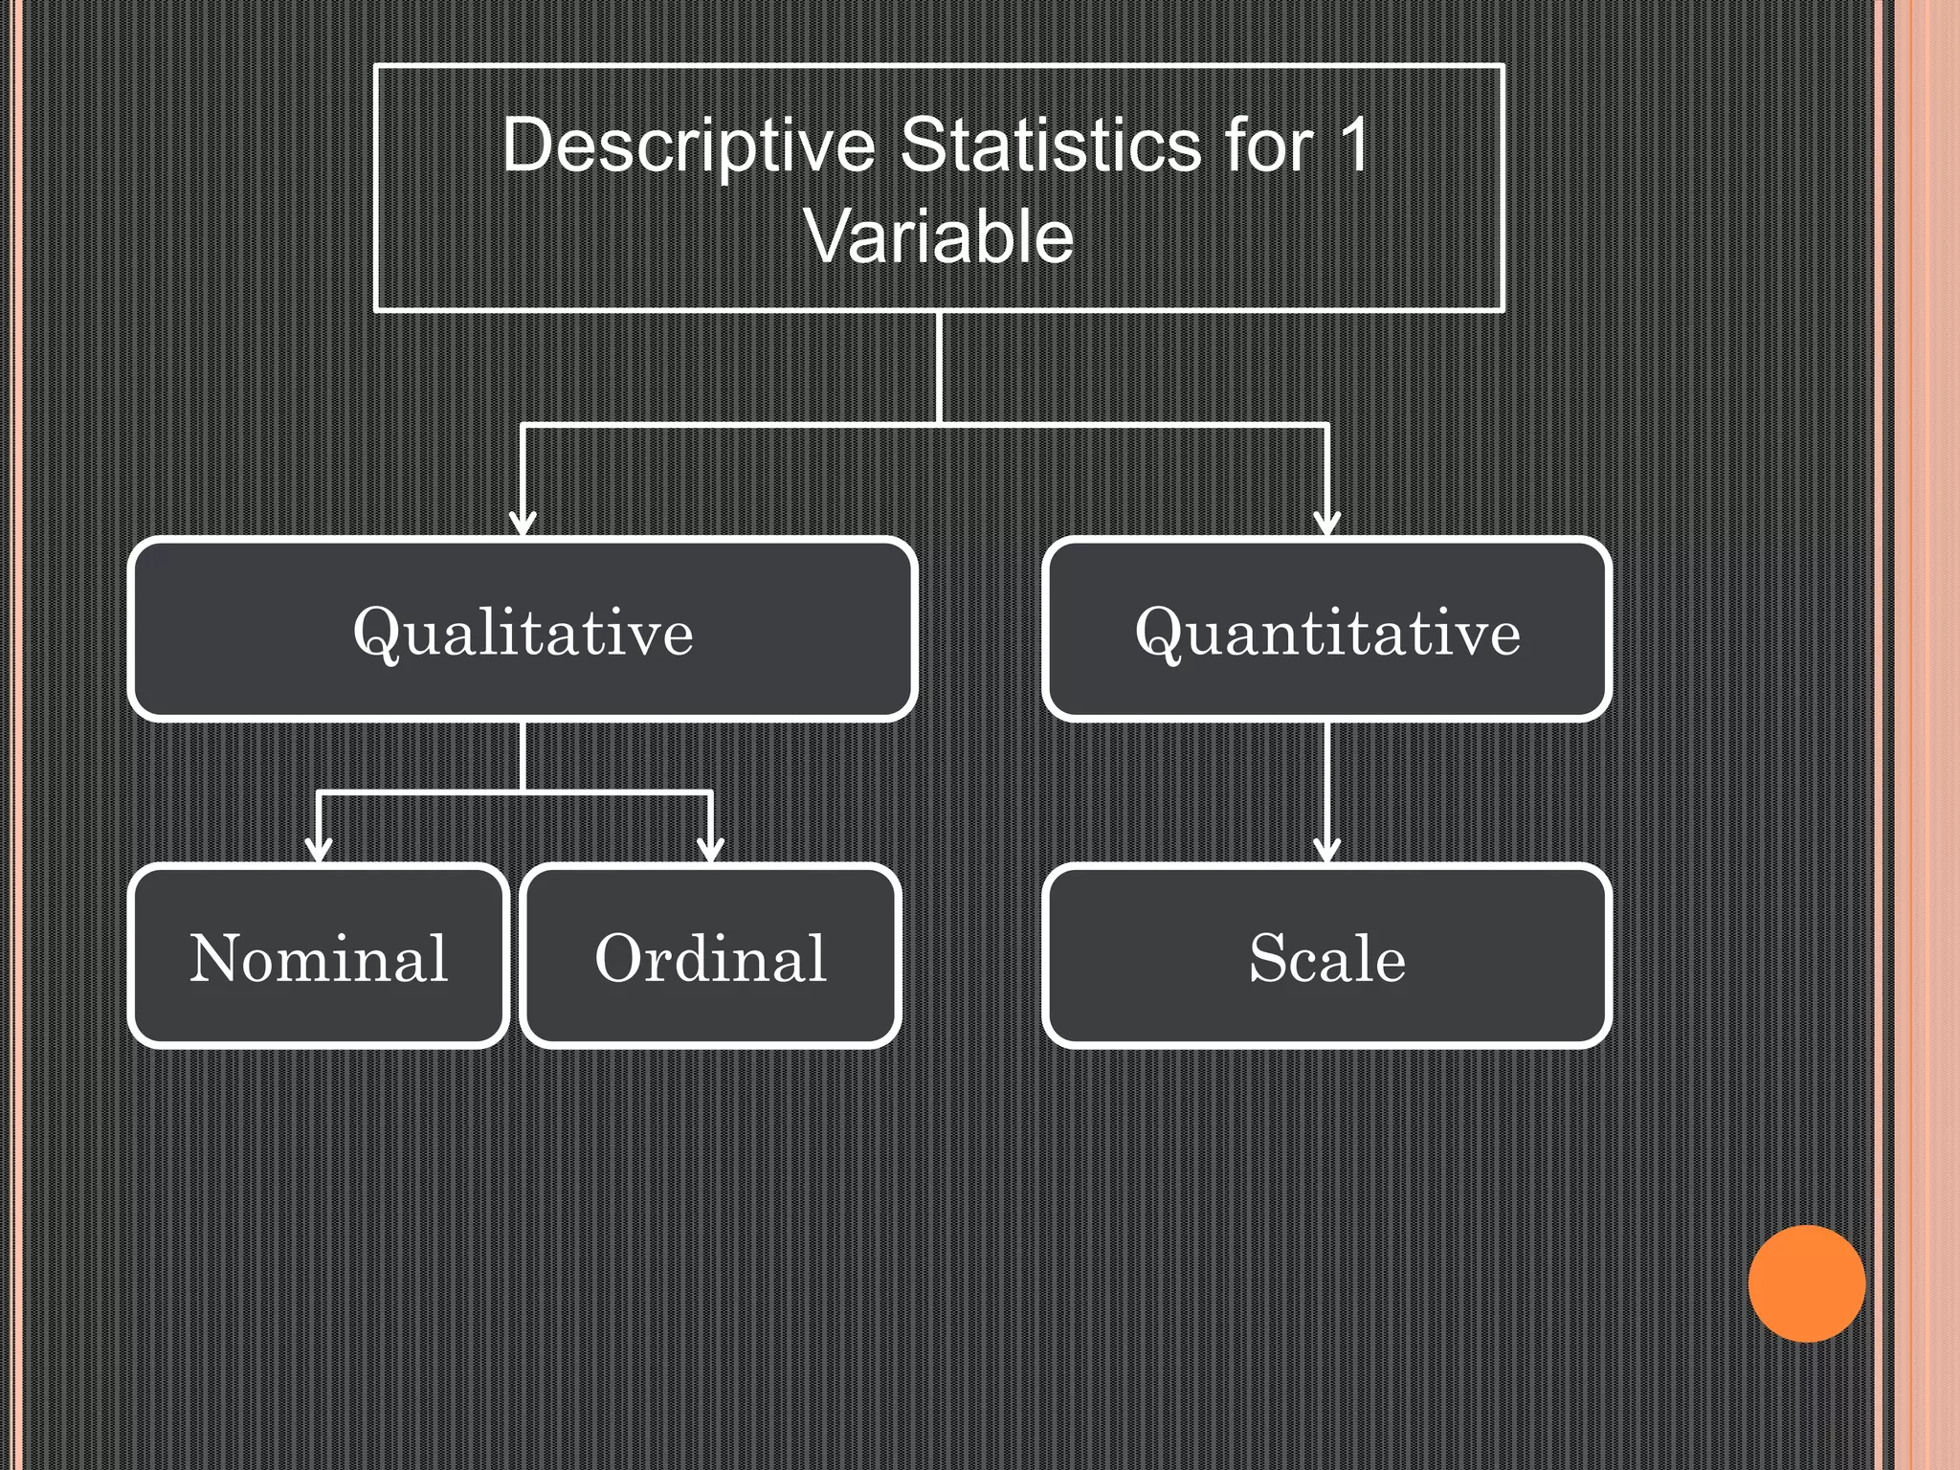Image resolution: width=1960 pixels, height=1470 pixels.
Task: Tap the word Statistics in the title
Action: coord(1050,145)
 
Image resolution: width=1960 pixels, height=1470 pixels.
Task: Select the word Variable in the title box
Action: coord(939,236)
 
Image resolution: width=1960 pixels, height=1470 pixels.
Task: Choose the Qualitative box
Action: coord(523,630)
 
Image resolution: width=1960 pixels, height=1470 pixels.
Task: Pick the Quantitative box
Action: coord(1326,630)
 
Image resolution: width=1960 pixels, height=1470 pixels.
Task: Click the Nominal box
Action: coord(319,956)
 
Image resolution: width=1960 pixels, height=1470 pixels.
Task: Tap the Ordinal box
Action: coord(710,956)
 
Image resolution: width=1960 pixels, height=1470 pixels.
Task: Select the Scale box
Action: coord(1326,956)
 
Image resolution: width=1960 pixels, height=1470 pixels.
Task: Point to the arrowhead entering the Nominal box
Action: coord(319,849)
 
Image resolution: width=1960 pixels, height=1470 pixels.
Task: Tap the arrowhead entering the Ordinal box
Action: coord(710,849)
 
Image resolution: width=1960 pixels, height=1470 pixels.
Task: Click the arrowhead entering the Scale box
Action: coord(1326,849)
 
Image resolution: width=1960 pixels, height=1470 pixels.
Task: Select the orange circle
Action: coord(1806,1283)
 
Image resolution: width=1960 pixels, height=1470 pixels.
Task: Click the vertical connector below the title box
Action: coord(939,366)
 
